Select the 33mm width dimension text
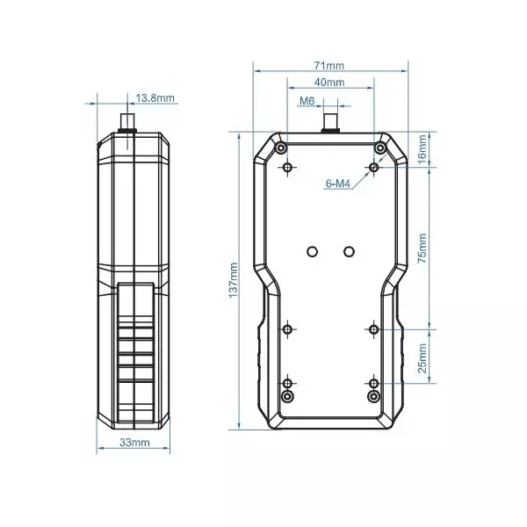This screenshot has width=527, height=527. click(x=134, y=444)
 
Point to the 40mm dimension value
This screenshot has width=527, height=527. click(x=329, y=82)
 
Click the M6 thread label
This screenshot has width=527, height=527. click(x=307, y=102)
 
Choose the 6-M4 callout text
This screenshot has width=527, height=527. click(x=338, y=184)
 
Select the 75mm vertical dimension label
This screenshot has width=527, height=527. click(x=422, y=248)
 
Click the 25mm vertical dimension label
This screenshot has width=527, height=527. click(x=422, y=357)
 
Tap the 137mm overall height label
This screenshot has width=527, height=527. click(x=234, y=279)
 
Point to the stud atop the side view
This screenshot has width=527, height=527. click(x=128, y=120)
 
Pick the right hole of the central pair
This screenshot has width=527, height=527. click(x=349, y=251)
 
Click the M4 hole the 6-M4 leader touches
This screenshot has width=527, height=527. click(x=374, y=166)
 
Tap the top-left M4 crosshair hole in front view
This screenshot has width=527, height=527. click(x=287, y=166)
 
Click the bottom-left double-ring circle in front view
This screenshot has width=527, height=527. click(x=287, y=397)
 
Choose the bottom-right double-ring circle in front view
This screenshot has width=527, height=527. click(x=374, y=397)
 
